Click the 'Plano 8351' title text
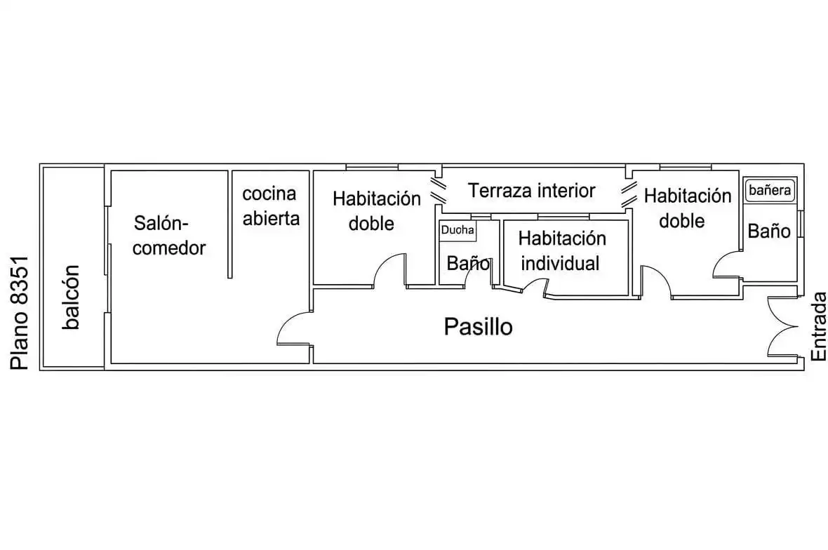click(x=20, y=313)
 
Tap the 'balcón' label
click(x=71, y=297)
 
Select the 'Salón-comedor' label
click(x=169, y=236)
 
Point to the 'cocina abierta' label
click(x=270, y=206)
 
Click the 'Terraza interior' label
click(x=532, y=191)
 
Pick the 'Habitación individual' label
click(x=561, y=250)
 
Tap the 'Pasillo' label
click(x=478, y=327)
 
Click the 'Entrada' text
click(x=818, y=326)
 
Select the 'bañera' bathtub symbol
click(x=770, y=190)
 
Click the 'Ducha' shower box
click(x=458, y=231)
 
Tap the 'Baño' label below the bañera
click(x=769, y=232)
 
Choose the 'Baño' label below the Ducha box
click(x=468, y=263)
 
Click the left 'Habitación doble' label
click(x=377, y=211)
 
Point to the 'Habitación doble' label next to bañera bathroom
click(x=687, y=208)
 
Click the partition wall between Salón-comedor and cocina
click(x=229, y=224)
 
